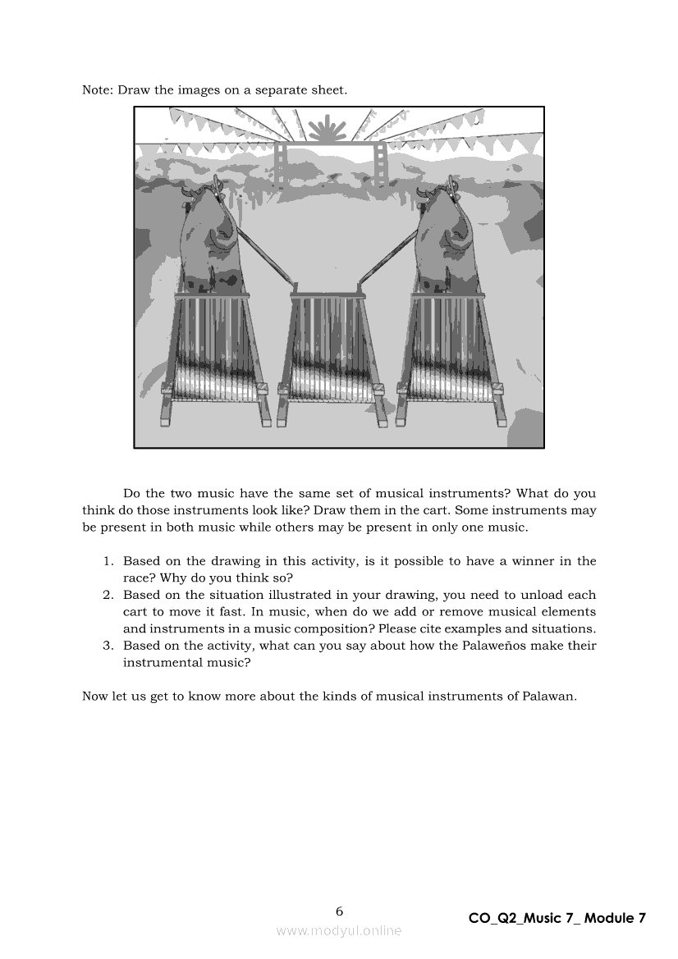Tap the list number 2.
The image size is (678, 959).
click(x=108, y=595)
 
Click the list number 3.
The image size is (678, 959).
click(x=108, y=646)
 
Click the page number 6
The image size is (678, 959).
click(x=339, y=911)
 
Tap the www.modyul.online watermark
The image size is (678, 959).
click(x=339, y=931)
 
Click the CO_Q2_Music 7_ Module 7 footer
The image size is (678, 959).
click(x=557, y=919)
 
